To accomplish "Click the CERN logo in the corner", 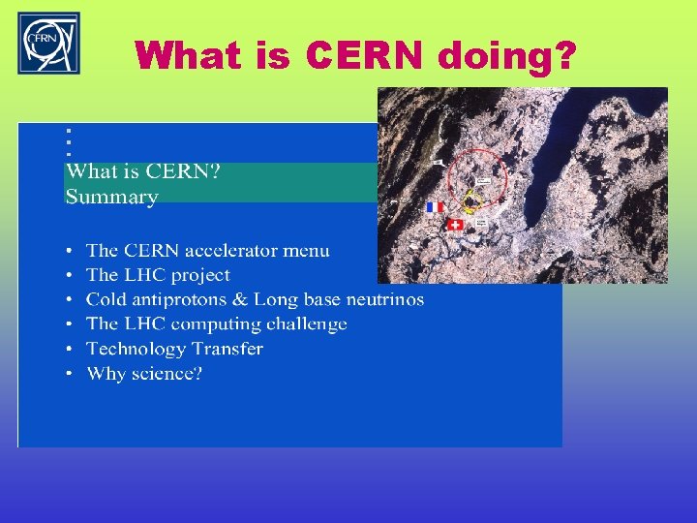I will (49, 44).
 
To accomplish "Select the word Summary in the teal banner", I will (111, 197).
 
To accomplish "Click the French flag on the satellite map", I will (435, 206).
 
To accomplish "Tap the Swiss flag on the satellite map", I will (455, 225).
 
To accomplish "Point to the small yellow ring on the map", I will (472, 200).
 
